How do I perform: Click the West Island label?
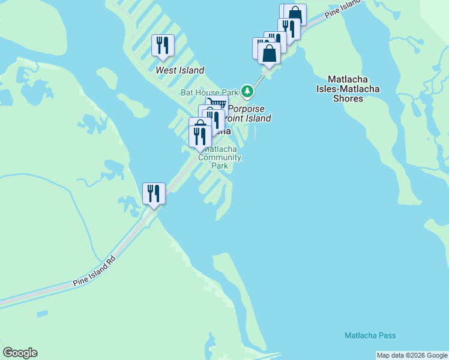[179, 70]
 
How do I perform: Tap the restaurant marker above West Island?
[163, 46]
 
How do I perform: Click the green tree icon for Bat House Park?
[247, 91]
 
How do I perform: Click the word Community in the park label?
[220, 158]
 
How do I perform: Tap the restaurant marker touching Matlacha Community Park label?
[200, 137]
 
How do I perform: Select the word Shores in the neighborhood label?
[349, 98]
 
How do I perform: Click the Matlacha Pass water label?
[370, 335]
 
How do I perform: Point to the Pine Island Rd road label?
[94, 272]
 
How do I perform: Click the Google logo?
[20, 353]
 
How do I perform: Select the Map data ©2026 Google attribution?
[412, 355]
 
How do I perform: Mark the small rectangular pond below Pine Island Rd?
[42, 314]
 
